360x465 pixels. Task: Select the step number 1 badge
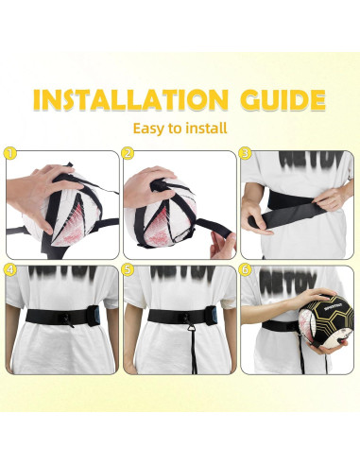(11, 152)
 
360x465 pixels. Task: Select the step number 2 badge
(129, 152)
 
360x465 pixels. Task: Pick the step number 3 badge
(246, 152)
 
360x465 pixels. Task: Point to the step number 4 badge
(11, 269)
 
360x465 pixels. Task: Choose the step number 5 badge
(129, 269)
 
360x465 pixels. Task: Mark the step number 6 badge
(246, 269)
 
